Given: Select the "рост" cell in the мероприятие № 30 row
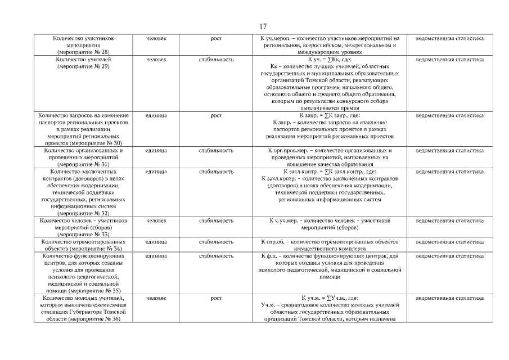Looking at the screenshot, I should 216,115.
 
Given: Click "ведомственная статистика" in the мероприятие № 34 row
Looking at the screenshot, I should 449,242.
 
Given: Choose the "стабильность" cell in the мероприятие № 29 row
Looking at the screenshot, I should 216,59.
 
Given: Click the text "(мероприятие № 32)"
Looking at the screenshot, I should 83,214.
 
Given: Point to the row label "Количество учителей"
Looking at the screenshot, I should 83,59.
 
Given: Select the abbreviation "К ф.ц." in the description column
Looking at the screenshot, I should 272,256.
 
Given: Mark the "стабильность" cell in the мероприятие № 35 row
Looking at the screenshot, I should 216,256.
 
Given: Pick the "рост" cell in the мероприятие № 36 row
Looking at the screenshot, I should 216,298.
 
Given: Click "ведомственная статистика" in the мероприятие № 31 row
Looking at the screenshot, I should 449,151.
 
